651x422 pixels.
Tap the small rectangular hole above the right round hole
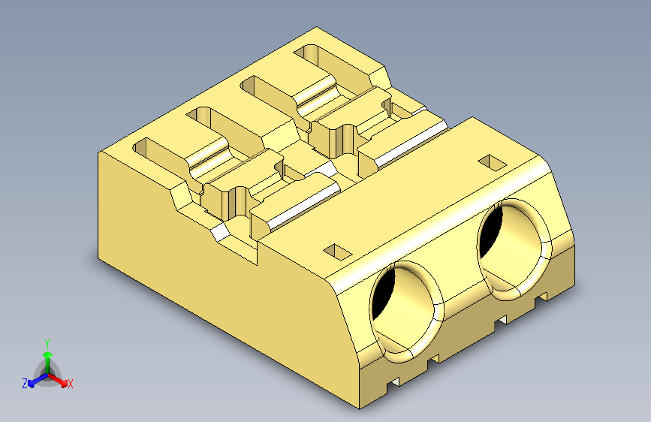click(x=492, y=161)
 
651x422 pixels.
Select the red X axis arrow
click(x=60, y=379)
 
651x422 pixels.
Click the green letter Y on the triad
click(x=47, y=342)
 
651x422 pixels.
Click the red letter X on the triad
click(x=71, y=384)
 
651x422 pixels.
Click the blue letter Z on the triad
click(x=25, y=383)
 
